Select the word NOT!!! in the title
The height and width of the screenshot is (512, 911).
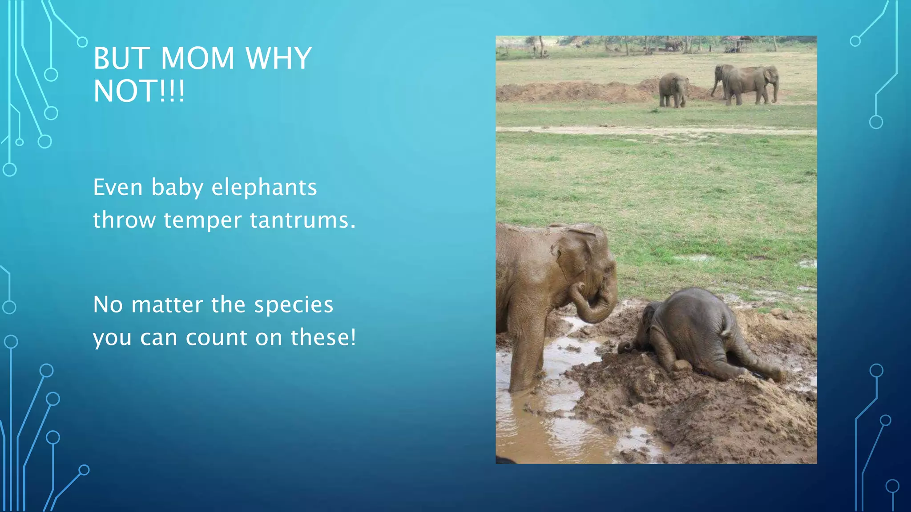[139, 91]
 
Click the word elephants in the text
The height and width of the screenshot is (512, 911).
[264, 187]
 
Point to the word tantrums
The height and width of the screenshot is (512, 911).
[302, 220]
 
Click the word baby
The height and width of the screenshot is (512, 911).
[177, 187]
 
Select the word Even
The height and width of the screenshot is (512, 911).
[118, 187]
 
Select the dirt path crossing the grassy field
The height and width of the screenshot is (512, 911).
[654, 130]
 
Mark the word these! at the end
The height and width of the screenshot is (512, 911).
[323, 337]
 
